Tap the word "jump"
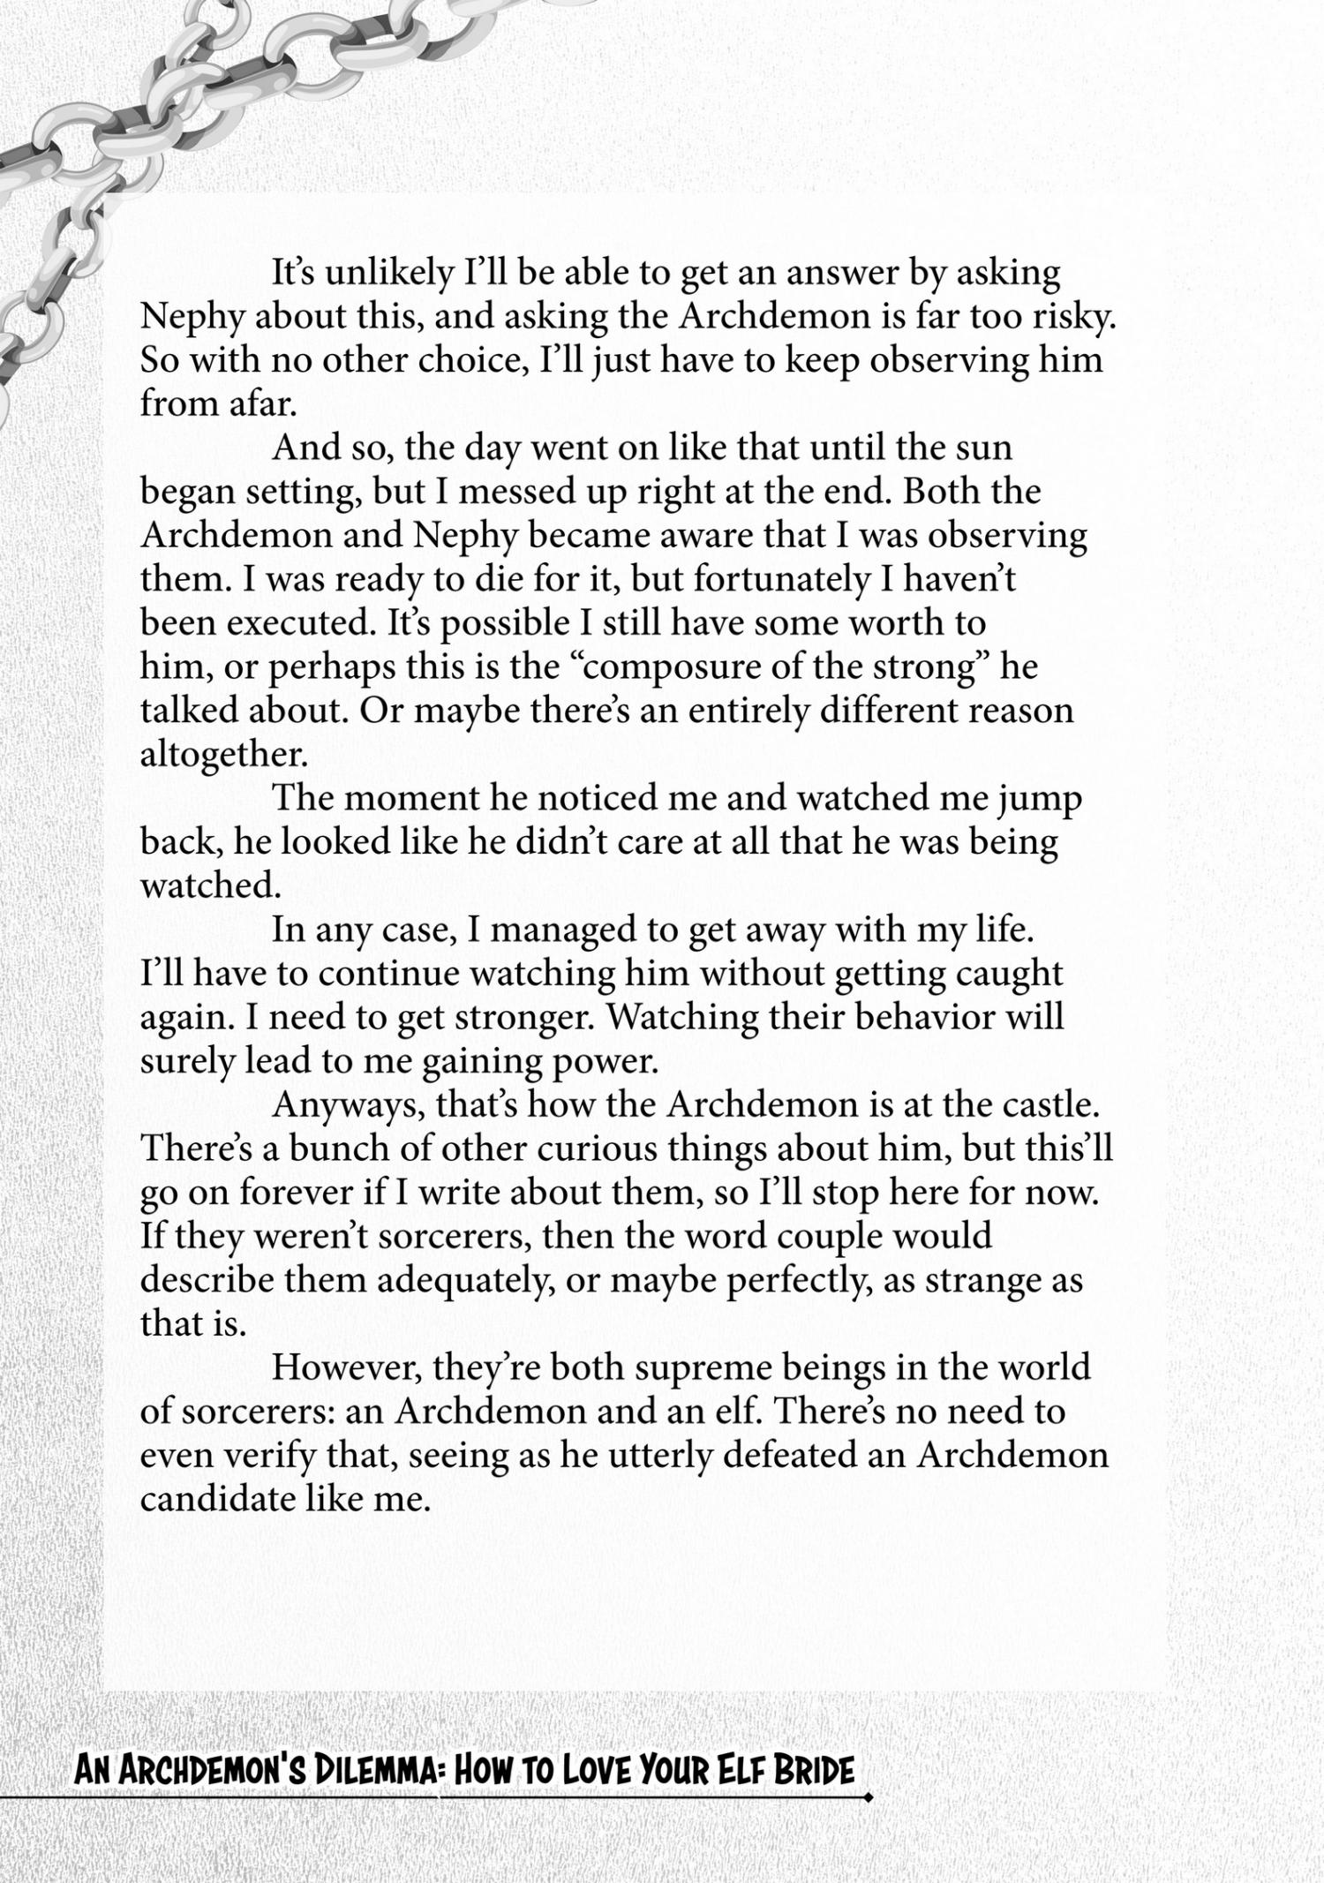point(1041,799)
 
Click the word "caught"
point(1011,974)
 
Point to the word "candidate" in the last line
point(217,1499)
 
